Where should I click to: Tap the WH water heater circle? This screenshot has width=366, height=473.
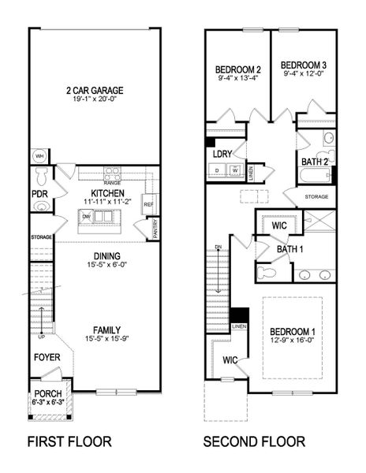pos(36,155)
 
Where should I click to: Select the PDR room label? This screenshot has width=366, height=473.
pos(39,192)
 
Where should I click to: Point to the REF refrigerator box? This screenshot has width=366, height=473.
pos(148,203)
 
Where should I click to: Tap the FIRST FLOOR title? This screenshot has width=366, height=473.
pos(69,441)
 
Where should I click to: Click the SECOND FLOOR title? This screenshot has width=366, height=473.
pos(254,441)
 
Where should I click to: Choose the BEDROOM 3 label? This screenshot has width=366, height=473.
pos(304,64)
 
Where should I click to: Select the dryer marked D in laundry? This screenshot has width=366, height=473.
pos(217,170)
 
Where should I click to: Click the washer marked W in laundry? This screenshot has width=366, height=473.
pos(233,170)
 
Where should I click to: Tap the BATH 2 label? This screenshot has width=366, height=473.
pos(316,161)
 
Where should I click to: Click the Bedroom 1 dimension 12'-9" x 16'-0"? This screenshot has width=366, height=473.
pos(292,340)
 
